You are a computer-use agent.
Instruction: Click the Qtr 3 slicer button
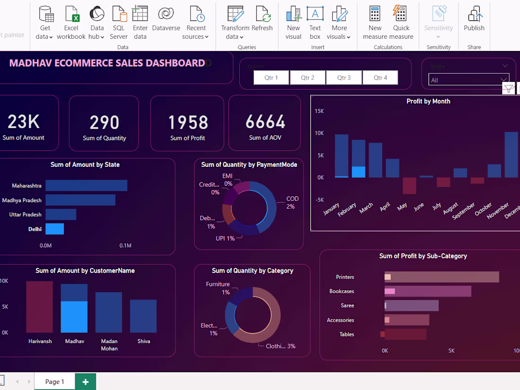344,78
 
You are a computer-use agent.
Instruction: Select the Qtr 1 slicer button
271,78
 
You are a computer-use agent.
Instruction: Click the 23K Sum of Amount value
24,122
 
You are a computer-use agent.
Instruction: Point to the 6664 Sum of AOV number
265,122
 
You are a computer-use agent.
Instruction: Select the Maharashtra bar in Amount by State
86,186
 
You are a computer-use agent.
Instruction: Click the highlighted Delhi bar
54,229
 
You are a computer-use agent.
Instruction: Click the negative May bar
409,185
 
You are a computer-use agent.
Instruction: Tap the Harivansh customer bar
40,307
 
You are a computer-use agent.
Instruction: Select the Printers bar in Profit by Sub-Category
442,277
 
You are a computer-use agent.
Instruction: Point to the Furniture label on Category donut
218,284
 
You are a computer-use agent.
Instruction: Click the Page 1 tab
54,381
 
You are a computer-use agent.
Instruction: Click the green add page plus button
86,381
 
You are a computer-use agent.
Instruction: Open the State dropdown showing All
468,80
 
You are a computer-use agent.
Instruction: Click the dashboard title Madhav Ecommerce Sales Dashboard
107,63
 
